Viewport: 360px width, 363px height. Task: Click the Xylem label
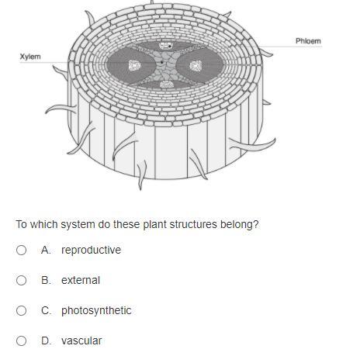click(x=30, y=57)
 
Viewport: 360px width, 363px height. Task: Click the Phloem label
click(x=308, y=41)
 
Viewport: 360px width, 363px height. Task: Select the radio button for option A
click(x=21, y=250)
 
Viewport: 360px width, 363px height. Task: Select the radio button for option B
click(x=21, y=280)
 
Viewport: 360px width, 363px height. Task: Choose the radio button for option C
click(x=21, y=310)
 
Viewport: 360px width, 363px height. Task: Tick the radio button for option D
click(x=21, y=341)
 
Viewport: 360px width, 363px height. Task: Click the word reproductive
click(x=91, y=250)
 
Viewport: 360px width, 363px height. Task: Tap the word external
click(x=81, y=280)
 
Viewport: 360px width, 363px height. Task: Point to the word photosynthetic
click(x=96, y=310)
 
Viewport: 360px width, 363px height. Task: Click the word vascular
click(x=81, y=341)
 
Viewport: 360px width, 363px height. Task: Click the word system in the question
click(x=78, y=224)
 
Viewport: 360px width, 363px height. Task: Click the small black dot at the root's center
click(x=161, y=62)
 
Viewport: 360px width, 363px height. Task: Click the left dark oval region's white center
click(x=134, y=65)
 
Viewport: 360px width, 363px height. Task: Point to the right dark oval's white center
click(x=196, y=66)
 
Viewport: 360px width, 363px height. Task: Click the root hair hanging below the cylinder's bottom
click(x=141, y=175)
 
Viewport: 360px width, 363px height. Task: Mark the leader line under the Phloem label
click(x=291, y=47)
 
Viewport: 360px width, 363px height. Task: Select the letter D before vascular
click(x=46, y=341)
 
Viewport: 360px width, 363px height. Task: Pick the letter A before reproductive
click(x=46, y=250)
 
